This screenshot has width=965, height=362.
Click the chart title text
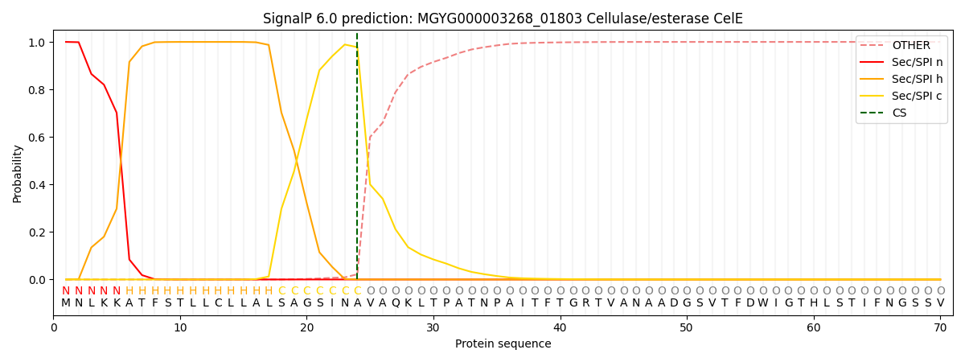click(x=503, y=19)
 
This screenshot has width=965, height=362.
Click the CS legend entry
click(x=899, y=113)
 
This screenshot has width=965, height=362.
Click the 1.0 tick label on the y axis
click(x=38, y=43)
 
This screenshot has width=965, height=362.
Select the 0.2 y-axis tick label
click(x=38, y=232)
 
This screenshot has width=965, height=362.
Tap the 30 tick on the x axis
click(x=433, y=328)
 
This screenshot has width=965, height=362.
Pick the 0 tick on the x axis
click(x=54, y=328)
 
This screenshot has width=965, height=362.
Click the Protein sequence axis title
click(x=503, y=344)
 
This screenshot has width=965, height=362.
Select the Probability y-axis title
click(x=18, y=173)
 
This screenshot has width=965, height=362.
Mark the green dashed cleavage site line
click(x=357, y=161)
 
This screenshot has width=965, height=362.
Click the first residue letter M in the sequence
click(x=66, y=303)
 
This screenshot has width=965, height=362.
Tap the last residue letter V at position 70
click(x=940, y=303)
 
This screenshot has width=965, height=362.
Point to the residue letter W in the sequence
click(x=762, y=303)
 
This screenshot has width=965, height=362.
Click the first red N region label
click(x=66, y=291)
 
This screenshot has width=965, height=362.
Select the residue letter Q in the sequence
click(x=396, y=303)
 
